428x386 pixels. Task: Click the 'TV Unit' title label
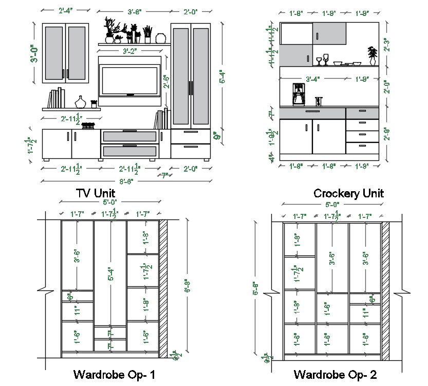(96, 193)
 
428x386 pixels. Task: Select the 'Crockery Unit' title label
(348, 193)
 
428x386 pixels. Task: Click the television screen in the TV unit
(128, 80)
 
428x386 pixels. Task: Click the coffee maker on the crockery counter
(298, 95)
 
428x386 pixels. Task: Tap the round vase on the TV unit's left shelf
(81, 101)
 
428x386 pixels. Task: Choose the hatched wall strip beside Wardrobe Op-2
(385, 289)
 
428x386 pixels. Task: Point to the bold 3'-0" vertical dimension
(34, 54)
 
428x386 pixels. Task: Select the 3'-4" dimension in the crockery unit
(313, 79)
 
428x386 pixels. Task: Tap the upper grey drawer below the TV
(129, 136)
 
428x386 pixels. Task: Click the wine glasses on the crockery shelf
(322, 61)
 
